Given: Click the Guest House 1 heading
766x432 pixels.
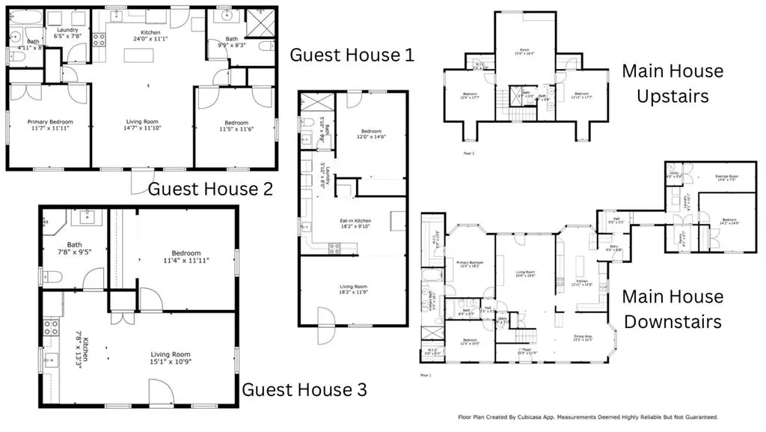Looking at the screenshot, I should pos(352,55).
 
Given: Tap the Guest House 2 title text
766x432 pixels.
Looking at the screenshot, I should pos(210,188).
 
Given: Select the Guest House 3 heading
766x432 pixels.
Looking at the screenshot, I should pos(304,389).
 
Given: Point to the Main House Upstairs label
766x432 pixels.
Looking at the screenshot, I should pos(672,84).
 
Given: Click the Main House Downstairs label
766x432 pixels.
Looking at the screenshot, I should pos(672,308).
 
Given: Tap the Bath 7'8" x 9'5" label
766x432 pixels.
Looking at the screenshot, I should pos(74,248).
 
